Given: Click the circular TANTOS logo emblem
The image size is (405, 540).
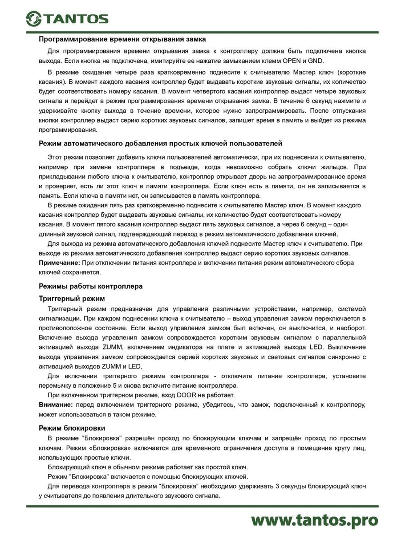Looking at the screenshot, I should (x=34, y=19).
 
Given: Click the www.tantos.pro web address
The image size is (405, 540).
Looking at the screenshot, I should (x=314, y=520).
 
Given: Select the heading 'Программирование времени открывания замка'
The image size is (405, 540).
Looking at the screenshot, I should (x=122, y=39).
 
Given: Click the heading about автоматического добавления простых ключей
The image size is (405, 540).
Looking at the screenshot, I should (x=160, y=143).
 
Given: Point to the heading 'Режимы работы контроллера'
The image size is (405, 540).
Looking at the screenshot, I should (x=91, y=286).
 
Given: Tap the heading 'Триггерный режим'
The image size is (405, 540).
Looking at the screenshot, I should (x=72, y=299).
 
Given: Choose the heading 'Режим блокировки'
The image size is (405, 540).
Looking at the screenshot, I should (x=72, y=428).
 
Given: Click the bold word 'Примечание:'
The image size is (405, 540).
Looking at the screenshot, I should (x=60, y=263).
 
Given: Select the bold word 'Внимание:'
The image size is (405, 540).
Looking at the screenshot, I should (x=56, y=405).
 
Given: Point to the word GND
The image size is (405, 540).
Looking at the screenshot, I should (x=316, y=61).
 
